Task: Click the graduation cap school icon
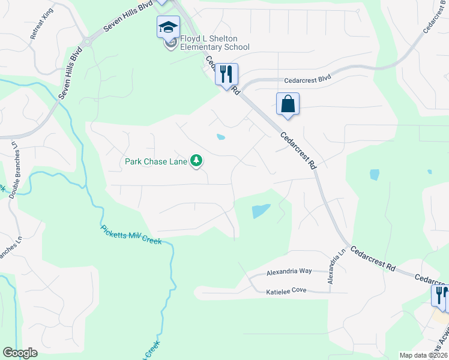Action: point(169,27)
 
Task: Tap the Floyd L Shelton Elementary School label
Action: point(214,43)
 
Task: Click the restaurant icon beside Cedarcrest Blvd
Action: point(226,74)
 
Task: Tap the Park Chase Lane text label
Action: point(155,161)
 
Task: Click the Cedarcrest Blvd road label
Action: point(307,79)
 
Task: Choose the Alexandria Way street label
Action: point(289,271)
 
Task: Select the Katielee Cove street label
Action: point(286,292)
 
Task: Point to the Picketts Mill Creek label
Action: point(131,235)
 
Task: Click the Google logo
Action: point(20,353)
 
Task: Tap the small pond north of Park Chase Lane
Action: point(221,137)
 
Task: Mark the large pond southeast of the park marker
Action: point(261,211)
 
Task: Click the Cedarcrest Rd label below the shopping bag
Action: point(298,151)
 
